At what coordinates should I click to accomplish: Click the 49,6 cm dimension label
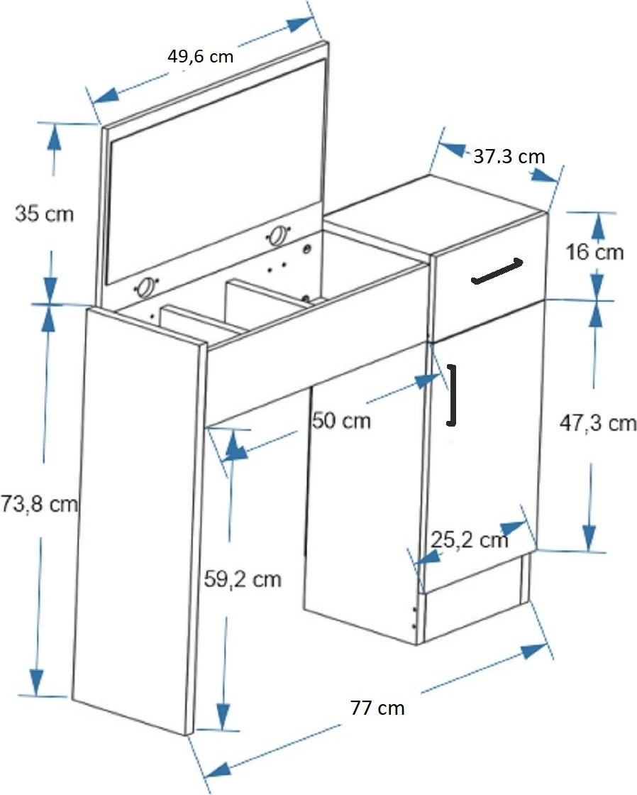200,56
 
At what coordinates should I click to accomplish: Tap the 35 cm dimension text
44,213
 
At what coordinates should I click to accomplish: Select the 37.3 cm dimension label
509,156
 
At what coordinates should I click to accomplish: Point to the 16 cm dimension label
594,251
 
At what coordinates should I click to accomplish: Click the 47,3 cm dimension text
598,422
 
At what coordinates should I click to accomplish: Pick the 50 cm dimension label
341,420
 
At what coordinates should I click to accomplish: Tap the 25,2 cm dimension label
470,539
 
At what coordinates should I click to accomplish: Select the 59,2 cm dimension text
242,579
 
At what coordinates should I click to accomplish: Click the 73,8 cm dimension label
39,503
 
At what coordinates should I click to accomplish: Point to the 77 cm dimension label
377,707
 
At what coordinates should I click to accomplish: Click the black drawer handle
497,271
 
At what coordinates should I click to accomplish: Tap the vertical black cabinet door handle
452,395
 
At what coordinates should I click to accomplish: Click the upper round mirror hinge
277,236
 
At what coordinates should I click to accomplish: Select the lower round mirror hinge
146,287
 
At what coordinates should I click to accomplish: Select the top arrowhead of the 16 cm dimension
599,226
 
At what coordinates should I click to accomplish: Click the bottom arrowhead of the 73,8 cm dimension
36,682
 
